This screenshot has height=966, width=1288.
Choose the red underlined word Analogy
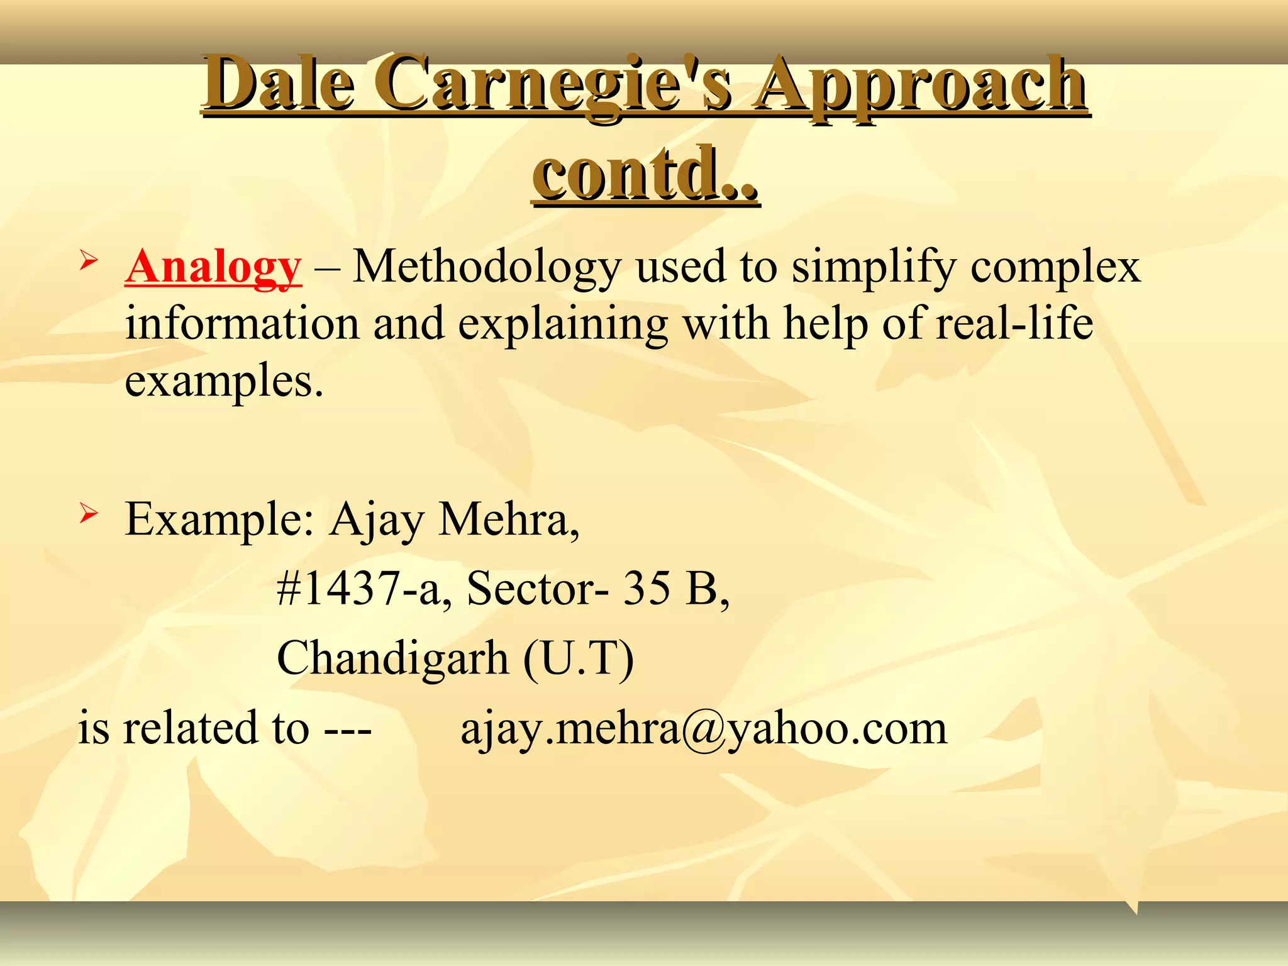coord(213,267)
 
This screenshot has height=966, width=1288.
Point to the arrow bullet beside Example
coord(88,514)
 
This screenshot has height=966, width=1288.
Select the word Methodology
coord(486,267)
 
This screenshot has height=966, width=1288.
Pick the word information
coord(241,323)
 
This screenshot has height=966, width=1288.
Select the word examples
coord(224,381)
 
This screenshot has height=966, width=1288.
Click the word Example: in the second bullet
coord(219,520)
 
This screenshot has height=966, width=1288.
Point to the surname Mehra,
coord(509,520)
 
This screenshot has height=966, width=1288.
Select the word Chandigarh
coord(392,658)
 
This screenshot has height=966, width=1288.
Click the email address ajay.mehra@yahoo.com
coord(704,728)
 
